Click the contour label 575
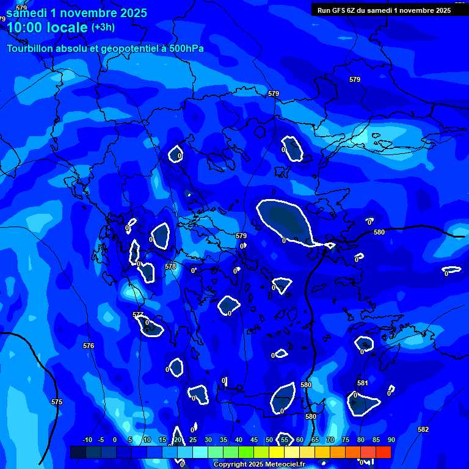click(x=57, y=402)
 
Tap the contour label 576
click(x=89, y=346)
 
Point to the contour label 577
click(x=138, y=314)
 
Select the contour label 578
click(x=170, y=266)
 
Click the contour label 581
click(x=363, y=383)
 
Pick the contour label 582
click(x=423, y=429)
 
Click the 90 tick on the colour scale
click(x=391, y=440)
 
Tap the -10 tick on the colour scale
click(x=87, y=440)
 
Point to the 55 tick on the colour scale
click(x=284, y=440)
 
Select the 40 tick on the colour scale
click(x=238, y=440)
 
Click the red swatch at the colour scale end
click(x=384, y=452)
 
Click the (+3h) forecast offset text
click(x=103, y=27)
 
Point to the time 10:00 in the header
click(x=26, y=27)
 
